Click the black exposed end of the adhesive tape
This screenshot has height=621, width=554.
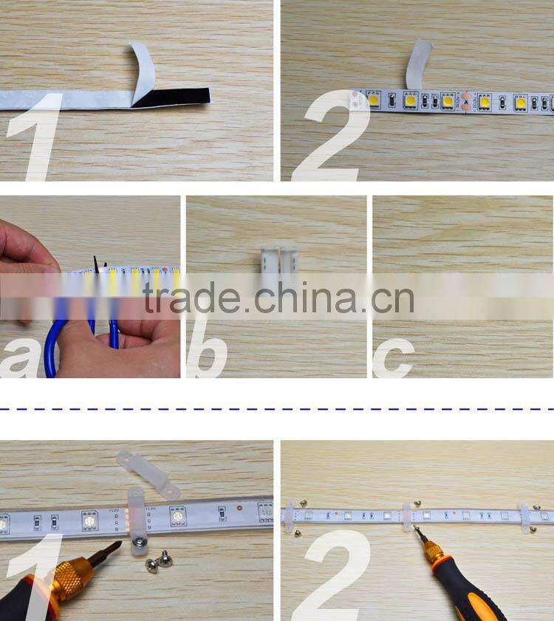(x=174, y=97)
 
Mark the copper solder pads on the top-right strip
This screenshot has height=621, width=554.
(x=465, y=102)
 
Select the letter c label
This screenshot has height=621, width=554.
(x=391, y=358)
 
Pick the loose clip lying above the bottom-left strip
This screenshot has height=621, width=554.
(x=147, y=473)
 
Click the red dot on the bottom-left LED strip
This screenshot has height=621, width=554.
(x=239, y=509)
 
